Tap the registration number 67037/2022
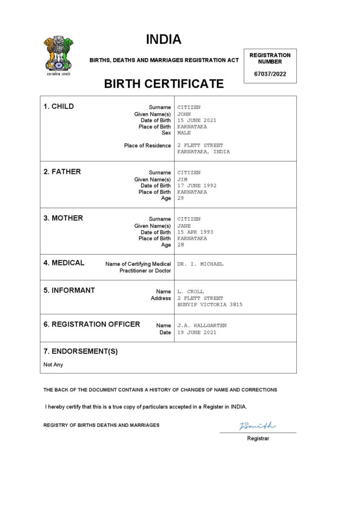pyautogui.click(x=270, y=75)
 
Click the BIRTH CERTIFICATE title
pyautogui.click(x=164, y=84)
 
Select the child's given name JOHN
pyautogui.click(x=184, y=114)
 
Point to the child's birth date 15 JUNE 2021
pyautogui.click(x=197, y=120)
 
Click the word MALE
pyautogui.click(x=184, y=133)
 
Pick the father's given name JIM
pyautogui.click(x=182, y=179)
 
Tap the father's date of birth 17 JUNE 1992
pyautogui.click(x=197, y=185)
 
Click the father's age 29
pyautogui.click(x=180, y=198)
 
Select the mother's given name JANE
pyautogui.click(x=184, y=226)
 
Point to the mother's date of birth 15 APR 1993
pyautogui.click(x=195, y=232)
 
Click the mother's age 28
pyautogui.click(x=180, y=245)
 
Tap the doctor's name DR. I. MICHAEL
pyautogui.click(x=200, y=264)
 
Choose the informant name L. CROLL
pyautogui.click(x=190, y=292)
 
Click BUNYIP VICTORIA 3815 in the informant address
pyautogui.click(x=210, y=304)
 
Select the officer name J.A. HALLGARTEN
pyautogui.click(x=202, y=326)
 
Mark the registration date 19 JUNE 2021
pyautogui.click(x=197, y=332)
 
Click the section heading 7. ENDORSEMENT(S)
pyautogui.click(x=81, y=351)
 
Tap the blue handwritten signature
pyautogui.click(x=257, y=425)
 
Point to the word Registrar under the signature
pyautogui.click(x=258, y=438)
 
